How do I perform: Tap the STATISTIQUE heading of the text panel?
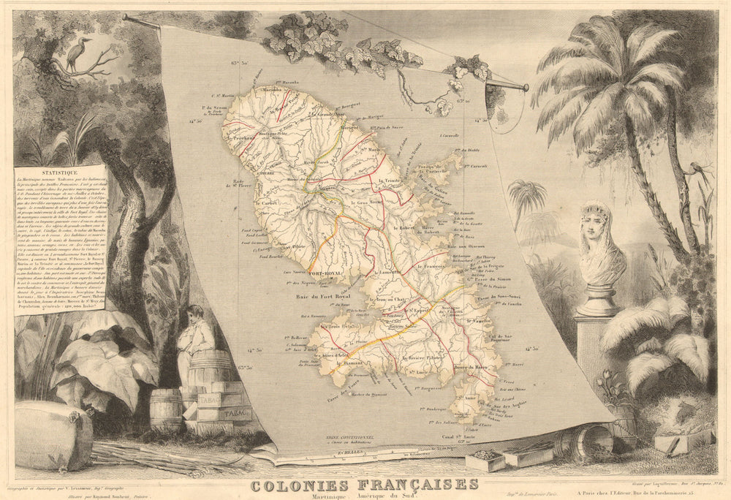coord(61,173)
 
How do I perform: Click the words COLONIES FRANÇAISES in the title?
coord(364,484)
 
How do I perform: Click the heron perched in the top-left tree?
coord(75,53)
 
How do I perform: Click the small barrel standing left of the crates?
coord(166,409)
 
